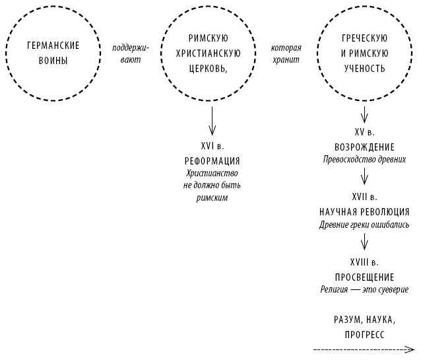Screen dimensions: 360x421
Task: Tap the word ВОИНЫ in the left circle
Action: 53,61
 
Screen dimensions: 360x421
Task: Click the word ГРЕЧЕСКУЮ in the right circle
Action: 364,38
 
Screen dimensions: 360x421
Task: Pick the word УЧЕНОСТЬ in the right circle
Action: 364,69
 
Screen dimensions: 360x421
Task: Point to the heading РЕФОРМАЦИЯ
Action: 211,161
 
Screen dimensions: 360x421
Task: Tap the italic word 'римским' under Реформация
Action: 211,198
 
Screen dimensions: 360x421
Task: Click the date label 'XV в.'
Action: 365,131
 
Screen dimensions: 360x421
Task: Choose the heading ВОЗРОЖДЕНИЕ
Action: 365,147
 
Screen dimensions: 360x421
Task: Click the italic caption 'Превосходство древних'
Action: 365,159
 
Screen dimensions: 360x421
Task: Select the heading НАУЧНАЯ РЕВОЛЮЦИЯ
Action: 365,212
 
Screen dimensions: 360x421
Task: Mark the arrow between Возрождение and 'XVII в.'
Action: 365,176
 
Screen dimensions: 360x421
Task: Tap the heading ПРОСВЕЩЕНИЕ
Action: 365,277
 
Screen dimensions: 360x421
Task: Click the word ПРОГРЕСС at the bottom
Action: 365,334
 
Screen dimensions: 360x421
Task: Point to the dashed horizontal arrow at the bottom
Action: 363,349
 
